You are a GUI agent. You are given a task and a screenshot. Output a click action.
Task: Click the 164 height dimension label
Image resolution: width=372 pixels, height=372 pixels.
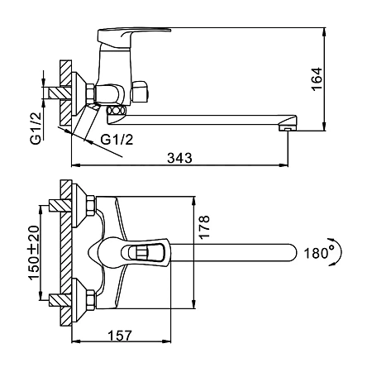pyautogui.click(x=317, y=79)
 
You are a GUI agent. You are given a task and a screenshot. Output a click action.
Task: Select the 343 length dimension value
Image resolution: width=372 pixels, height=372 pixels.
pyautogui.click(x=179, y=158)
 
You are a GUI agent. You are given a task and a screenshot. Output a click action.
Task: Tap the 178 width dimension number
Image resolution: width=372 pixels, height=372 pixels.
pyautogui.click(x=204, y=227)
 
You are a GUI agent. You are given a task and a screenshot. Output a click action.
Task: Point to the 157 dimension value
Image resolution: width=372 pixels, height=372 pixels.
pyautogui.click(x=120, y=336)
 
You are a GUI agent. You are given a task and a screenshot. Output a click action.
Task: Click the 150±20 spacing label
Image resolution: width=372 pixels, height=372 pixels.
pyautogui.click(x=34, y=252)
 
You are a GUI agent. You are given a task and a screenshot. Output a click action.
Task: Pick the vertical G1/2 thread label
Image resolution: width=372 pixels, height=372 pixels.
pyautogui.click(x=36, y=128)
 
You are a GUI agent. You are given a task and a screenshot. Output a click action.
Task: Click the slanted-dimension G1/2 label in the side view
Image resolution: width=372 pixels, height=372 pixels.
pyautogui.click(x=117, y=140)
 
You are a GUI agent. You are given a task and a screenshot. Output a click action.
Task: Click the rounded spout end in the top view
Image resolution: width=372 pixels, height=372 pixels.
pyautogui.click(x=292, y=252)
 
